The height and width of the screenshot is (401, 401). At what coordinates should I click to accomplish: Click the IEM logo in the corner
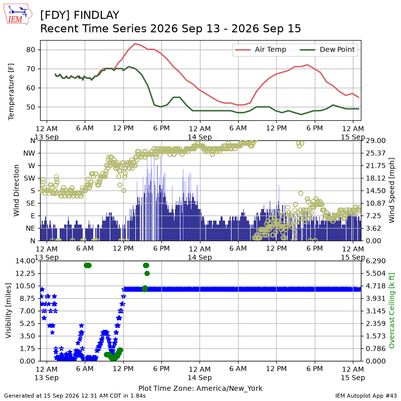click(18, 14)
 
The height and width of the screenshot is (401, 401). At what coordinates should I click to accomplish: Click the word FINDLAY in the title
click(96, 15)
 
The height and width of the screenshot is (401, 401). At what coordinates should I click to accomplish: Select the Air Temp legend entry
click(260, 49)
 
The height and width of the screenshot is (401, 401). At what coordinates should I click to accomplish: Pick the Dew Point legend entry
click(327, 49)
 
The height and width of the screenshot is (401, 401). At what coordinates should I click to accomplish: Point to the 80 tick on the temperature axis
click(31, 50)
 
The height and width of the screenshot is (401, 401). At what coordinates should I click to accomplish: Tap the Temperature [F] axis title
click(11, 92)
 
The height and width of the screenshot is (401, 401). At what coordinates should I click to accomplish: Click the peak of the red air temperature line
click(135, 44)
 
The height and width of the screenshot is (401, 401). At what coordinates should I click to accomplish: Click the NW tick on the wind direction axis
click(29, 153)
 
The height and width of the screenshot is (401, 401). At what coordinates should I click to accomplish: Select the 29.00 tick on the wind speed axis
click(375, 141)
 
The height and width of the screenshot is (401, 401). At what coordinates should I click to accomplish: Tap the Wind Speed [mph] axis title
click(391, 190)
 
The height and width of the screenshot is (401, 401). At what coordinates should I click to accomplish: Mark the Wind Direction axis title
click(17, 190)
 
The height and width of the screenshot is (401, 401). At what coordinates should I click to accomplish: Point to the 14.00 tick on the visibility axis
click(25, 261)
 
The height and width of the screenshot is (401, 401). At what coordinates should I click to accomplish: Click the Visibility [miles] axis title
click(9, 311)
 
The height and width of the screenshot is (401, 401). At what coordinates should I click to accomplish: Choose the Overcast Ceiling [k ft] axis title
click(391, 311)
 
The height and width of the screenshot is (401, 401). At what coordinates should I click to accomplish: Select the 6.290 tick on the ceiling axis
click(375, 261)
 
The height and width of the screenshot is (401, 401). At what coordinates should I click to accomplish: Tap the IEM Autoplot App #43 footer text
click(366, 395)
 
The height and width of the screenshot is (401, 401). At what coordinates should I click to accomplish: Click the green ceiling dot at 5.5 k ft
click(147, 273)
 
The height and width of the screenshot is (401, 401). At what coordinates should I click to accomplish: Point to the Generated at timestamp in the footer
click(75, 395)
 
